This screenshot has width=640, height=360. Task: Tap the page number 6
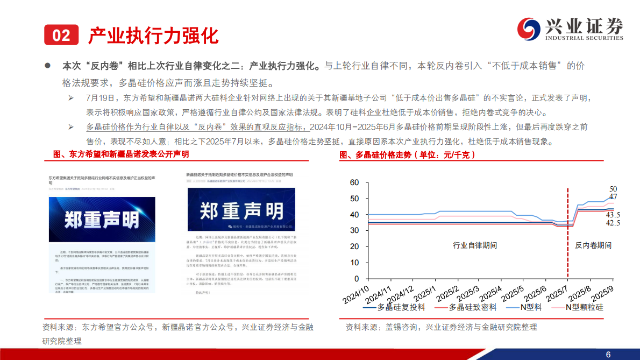[608, 354]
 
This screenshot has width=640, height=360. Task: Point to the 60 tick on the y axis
[354, 183]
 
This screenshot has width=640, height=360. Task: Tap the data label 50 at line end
[613, 189]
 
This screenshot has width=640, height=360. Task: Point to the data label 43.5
[613, 215]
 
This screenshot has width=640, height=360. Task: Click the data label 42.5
[613, 223]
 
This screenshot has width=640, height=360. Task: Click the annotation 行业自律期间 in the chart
[475, 245]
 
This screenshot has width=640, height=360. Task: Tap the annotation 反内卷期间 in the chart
[593, 245]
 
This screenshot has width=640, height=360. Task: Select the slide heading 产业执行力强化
[153, 36]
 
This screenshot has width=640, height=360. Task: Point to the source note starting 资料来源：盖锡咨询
[441, 327]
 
